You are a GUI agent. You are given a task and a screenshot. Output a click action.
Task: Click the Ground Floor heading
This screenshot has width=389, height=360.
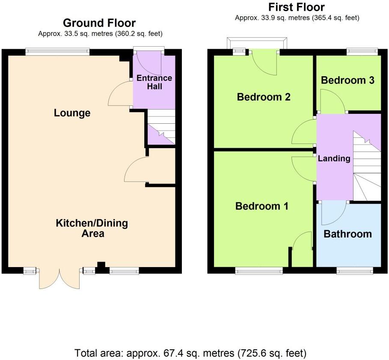click(x=99, y=23)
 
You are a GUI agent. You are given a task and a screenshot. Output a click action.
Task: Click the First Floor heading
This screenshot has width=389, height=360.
click(x=296, y=7)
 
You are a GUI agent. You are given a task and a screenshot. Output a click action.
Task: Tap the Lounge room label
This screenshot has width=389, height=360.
click(x=72, y=113)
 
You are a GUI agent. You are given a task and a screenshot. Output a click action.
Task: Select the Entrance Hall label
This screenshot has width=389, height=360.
click(x=154, y=82)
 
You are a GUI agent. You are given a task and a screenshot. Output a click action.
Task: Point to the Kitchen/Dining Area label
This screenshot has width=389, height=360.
click(x=92, y=228)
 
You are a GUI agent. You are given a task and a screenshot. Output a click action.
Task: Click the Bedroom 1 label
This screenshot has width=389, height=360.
click(x=262, y=206)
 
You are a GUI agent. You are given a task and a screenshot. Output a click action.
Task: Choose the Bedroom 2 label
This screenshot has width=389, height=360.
click(x=264, y=97)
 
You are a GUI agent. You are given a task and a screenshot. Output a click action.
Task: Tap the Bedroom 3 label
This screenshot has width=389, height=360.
click(x=347, y=80)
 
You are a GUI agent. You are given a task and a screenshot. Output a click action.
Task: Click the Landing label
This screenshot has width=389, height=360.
click(x=334, y=158)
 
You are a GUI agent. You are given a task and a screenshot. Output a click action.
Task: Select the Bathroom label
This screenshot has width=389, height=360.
click(x=347, y=234)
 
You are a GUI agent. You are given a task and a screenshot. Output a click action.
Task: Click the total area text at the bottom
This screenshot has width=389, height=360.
click(x=190, y=354)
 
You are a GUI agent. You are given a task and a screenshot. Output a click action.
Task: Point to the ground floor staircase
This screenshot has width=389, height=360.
click(x=161, y=127)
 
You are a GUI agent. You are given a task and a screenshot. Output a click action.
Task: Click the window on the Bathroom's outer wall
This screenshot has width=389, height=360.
click(x=354, y=270)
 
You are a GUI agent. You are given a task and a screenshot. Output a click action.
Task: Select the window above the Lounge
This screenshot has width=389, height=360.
click(x=57, y=52)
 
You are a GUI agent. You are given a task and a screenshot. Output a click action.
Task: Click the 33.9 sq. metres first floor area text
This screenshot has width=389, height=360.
click(x=297, y=18)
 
